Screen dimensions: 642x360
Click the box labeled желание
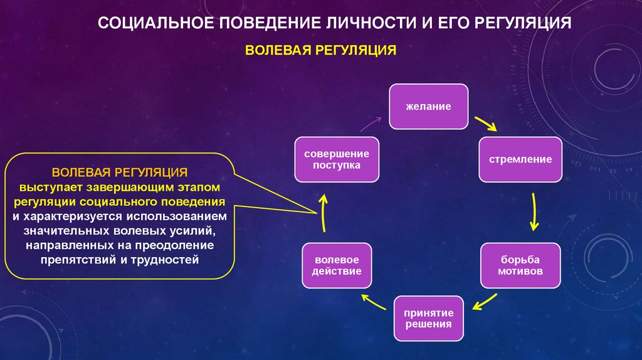click(x=428, y=107)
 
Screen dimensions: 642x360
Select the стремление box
click(x=520, y=159)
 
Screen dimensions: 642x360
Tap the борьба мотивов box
click(x=520, y=266)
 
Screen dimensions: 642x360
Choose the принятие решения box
click(x=428, y=318)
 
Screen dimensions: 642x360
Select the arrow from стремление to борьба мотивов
click(x=534, y=212)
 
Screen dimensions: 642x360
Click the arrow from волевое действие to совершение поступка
click(x=323, y=212)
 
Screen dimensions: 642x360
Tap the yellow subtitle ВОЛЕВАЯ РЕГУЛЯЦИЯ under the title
click(x=320, y=50)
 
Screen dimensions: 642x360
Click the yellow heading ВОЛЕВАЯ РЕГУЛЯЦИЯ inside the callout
click(x=120, y=172)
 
